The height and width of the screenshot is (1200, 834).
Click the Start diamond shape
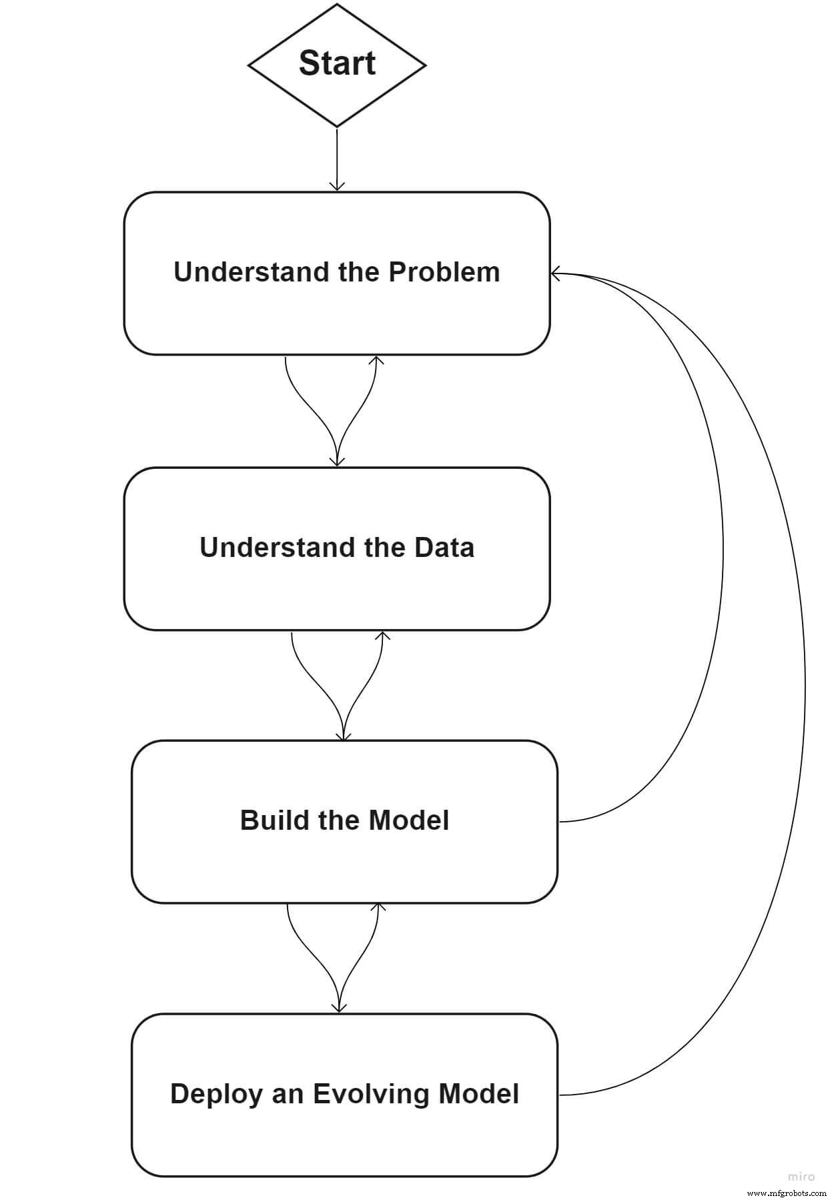(337, 65)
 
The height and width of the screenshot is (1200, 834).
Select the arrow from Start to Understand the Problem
(337, 160)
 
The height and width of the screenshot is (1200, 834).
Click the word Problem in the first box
(444, 272)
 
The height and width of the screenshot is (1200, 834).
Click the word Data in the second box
(444, 548)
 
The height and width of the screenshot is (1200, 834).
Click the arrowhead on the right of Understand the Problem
(555, 273)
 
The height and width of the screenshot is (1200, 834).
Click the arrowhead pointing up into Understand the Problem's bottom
(376, 360)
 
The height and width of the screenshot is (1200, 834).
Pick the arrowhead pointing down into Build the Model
(344, 736)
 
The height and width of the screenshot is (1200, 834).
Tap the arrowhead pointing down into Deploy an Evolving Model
(339, 1008)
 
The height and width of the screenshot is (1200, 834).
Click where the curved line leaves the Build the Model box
(560, 822)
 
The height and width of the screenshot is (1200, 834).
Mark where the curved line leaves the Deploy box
(560, 1095)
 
